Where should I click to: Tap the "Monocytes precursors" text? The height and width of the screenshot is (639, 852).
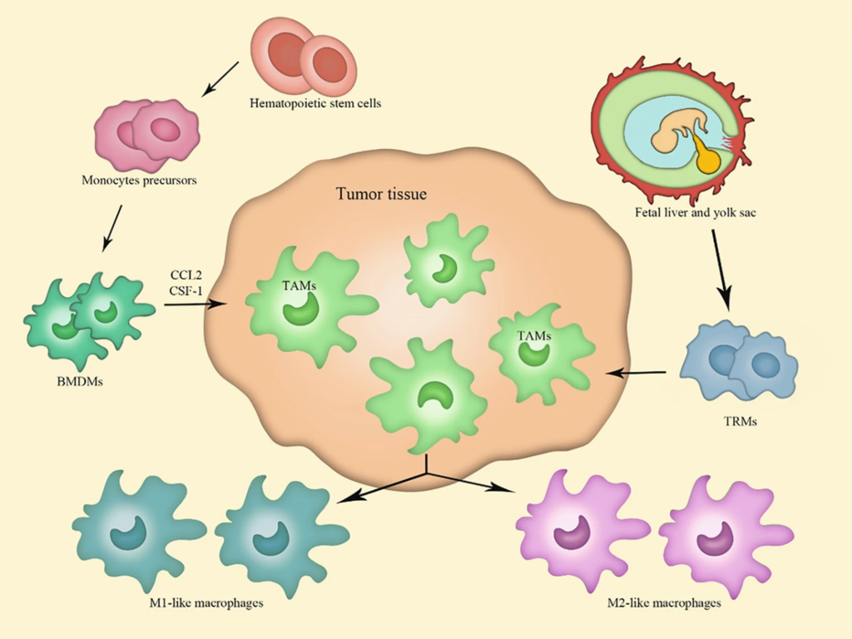click(x=140, y=179)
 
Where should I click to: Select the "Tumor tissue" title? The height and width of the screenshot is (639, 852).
click(x=381, y=195)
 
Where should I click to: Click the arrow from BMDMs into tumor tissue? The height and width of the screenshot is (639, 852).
click(x=196, y=305)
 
